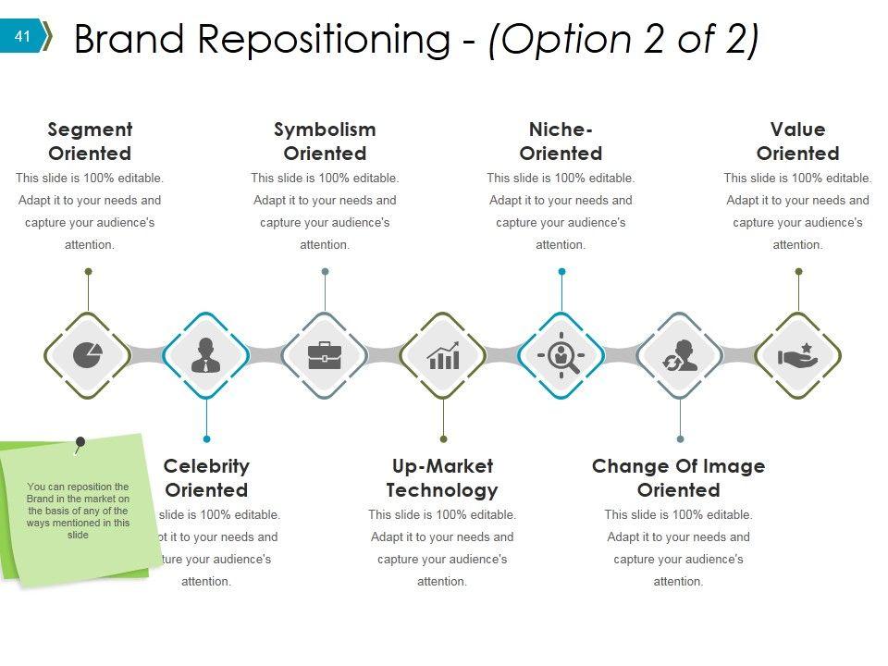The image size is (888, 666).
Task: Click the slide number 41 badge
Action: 23,37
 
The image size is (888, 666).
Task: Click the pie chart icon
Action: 88,355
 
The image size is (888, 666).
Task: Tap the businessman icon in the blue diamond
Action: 206,355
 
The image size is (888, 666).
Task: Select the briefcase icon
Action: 325,355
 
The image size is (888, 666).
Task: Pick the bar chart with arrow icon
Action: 443,355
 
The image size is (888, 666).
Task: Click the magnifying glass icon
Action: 561,355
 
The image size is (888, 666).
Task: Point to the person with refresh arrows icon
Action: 680,355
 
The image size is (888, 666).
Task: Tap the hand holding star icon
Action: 797,355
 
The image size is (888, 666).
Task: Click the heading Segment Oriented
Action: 90,142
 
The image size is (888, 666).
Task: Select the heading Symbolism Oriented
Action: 325,142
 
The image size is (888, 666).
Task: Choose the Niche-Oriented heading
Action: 561,142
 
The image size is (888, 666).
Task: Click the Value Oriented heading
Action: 797,142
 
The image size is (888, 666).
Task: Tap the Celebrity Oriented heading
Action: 206,478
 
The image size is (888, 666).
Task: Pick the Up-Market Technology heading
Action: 442,478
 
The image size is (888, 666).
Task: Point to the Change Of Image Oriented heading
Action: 678,478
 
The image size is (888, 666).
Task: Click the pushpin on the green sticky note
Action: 80,444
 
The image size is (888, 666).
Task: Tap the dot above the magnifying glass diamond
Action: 561,272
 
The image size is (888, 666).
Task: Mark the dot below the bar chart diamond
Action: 443,439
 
